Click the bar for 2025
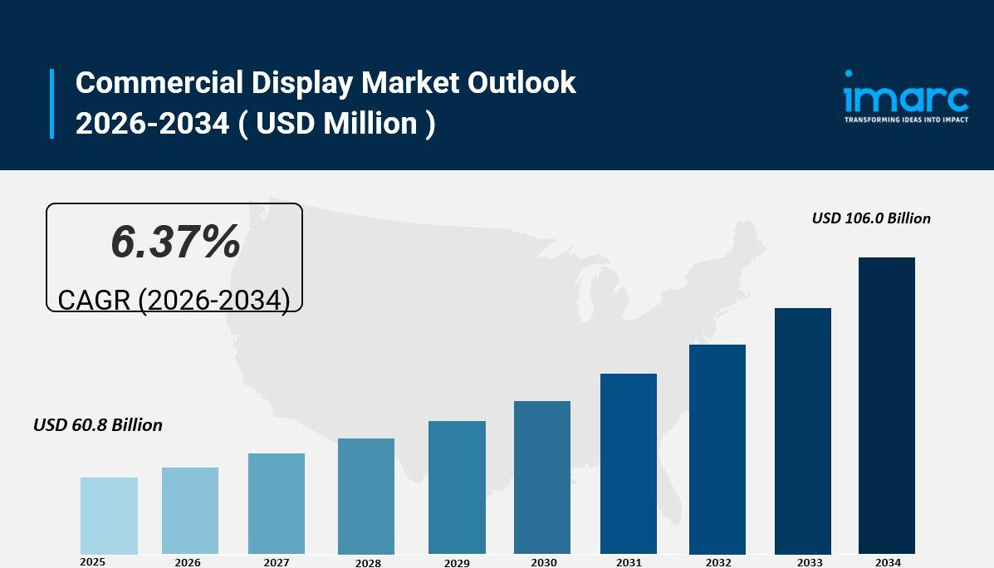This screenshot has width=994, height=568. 109,516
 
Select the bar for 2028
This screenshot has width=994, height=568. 366,497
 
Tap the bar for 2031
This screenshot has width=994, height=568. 629,464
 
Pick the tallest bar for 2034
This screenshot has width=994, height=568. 887,406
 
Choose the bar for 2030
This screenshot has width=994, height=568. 542,477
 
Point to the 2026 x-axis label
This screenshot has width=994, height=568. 188,562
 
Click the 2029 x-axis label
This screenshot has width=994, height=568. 457,563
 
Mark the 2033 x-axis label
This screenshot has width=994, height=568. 810,562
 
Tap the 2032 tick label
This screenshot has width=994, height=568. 718,562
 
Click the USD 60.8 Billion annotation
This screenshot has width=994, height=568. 98,425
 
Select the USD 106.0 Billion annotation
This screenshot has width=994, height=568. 871,218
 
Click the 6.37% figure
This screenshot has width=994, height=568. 175,242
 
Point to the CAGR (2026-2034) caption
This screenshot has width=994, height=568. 174,300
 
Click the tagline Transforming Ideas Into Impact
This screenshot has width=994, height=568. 906,120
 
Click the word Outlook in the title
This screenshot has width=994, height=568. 521,83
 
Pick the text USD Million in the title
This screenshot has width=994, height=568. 336,124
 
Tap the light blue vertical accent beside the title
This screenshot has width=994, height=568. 51,103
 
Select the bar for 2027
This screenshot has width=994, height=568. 277,504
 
